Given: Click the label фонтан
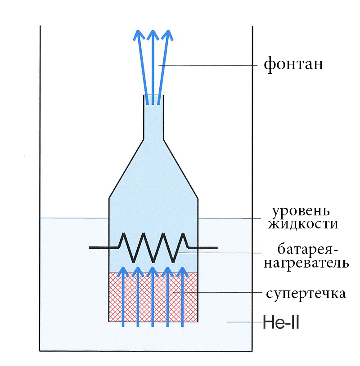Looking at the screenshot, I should [x=293, y=64].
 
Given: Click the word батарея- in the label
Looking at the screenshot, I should [x=306, y=249].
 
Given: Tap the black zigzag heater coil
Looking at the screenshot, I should [x=153, y=247].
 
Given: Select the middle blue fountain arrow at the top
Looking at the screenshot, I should [x=153, y=67].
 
